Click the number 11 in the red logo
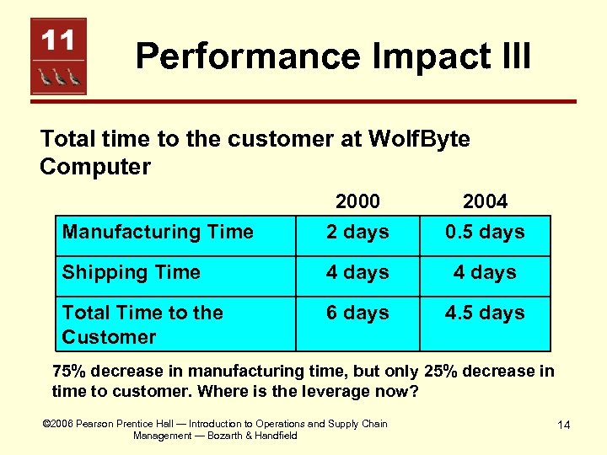[x=58, y=40]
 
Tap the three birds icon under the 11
[x=58, y=77]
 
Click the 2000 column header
[x=357, y=201]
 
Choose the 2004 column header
[x=485, y=201]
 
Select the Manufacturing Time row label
[x=158, y=232]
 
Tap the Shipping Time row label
[x=132, y=272]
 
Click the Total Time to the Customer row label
[x=142, y=324]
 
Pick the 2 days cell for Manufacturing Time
[x=357, y=232]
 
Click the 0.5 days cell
[x=485, y=232]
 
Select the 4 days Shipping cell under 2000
[x=357, y=272]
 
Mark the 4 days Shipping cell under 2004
[x=485, y=272]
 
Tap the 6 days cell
[x=357, y=313]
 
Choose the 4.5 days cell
[x=485, y=313]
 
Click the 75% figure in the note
[x=68, y=372]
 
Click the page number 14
[x=564, y=426]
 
